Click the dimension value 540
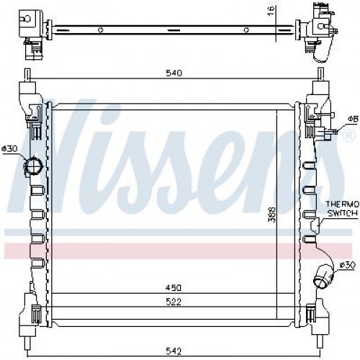coord(174,73)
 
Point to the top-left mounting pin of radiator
coord(27,75)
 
